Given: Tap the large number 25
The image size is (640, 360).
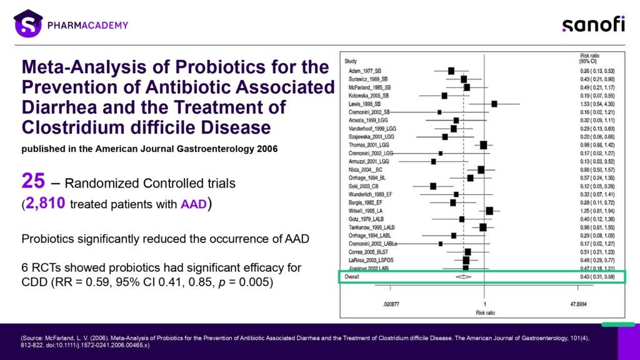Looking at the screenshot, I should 33,181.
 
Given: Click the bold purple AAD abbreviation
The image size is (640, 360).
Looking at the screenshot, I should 194,204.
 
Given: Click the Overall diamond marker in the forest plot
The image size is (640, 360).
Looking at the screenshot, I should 463,276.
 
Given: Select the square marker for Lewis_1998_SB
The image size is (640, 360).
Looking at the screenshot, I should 494,104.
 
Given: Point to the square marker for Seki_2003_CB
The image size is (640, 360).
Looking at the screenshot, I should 433,186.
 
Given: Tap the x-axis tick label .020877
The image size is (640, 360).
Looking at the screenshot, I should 391,302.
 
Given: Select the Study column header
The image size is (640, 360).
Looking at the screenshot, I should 351,61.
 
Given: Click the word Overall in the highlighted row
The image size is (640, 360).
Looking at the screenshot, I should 352,276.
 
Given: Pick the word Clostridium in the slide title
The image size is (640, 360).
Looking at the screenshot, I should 66,127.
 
